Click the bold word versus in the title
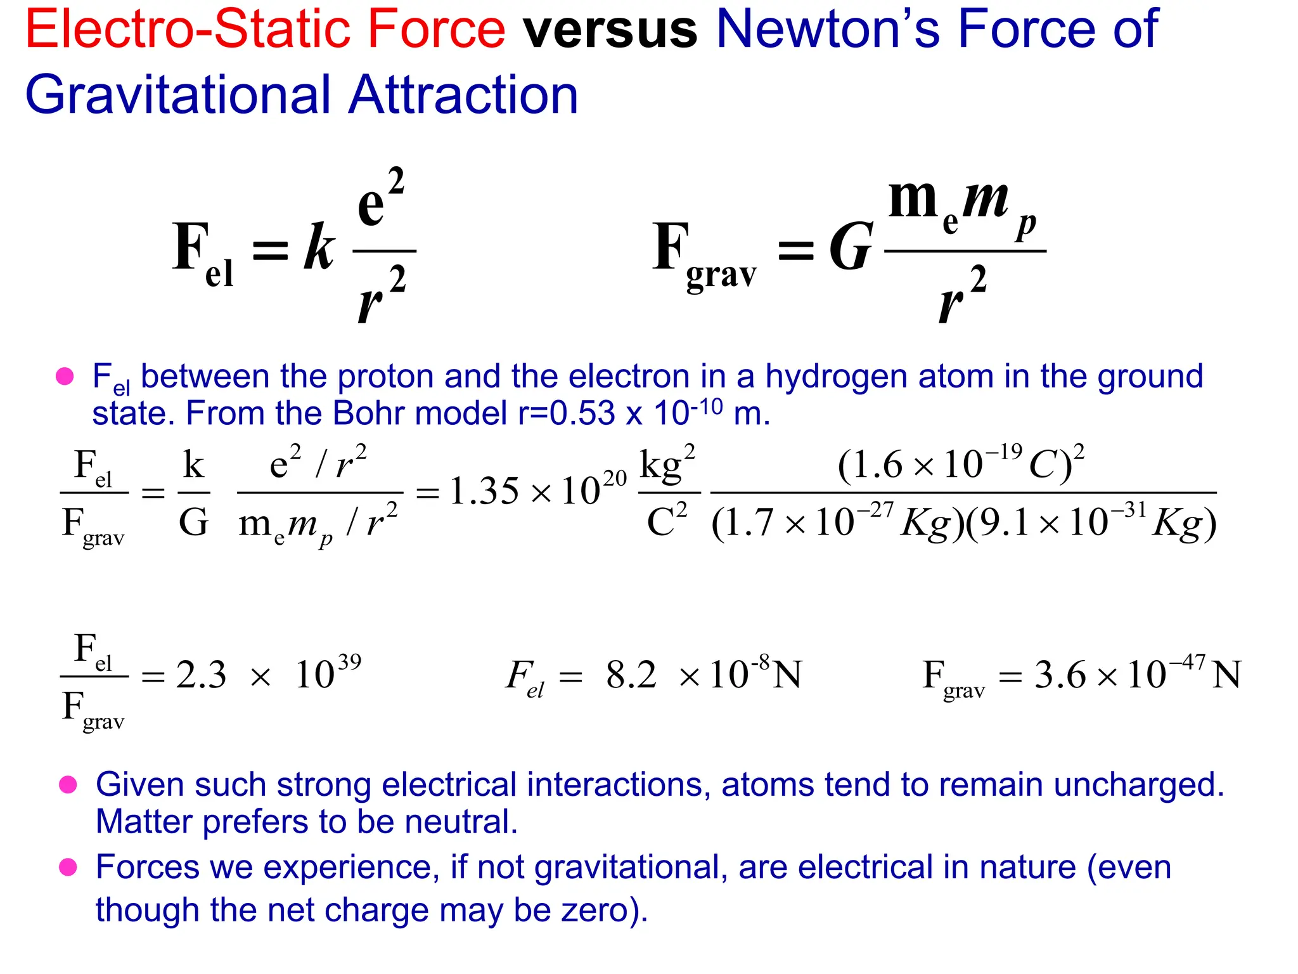coord(610,29)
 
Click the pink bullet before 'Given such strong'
coord(68,785)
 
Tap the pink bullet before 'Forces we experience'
coord(68,867)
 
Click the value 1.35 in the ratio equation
coord(484,491)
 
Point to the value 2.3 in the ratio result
coord(201,675)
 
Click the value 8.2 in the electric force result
coord(631,675)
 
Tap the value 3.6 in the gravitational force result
coord(1060,675)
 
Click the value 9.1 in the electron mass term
coord(999,524)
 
